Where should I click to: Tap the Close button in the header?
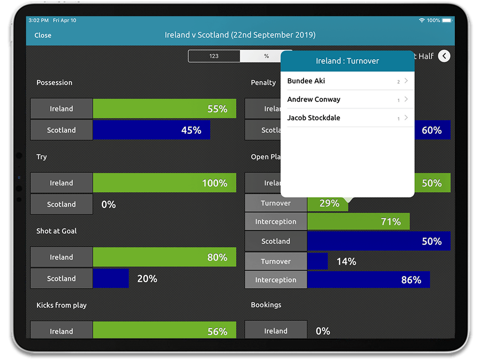[43, 35]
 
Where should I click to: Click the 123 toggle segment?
[214, 56]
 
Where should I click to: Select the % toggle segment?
[266, 56]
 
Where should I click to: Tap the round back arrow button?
[444, 56]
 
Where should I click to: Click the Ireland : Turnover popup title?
[347, 61]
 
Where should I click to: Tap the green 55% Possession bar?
[164, 109]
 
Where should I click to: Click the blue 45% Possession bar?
[151, 130]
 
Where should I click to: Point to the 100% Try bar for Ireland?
[164, 183]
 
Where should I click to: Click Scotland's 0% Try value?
[108, 205]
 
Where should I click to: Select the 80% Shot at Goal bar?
[164, 257]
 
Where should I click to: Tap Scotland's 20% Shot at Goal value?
[147, 279]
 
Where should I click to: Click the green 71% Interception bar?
[358, 222]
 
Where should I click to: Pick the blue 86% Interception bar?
[368, 280]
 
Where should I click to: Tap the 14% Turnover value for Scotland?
[346, 262]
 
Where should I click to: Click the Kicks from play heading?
[62, 305]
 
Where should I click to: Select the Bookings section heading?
[266, 305]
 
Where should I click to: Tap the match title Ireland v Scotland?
[240, 35]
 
